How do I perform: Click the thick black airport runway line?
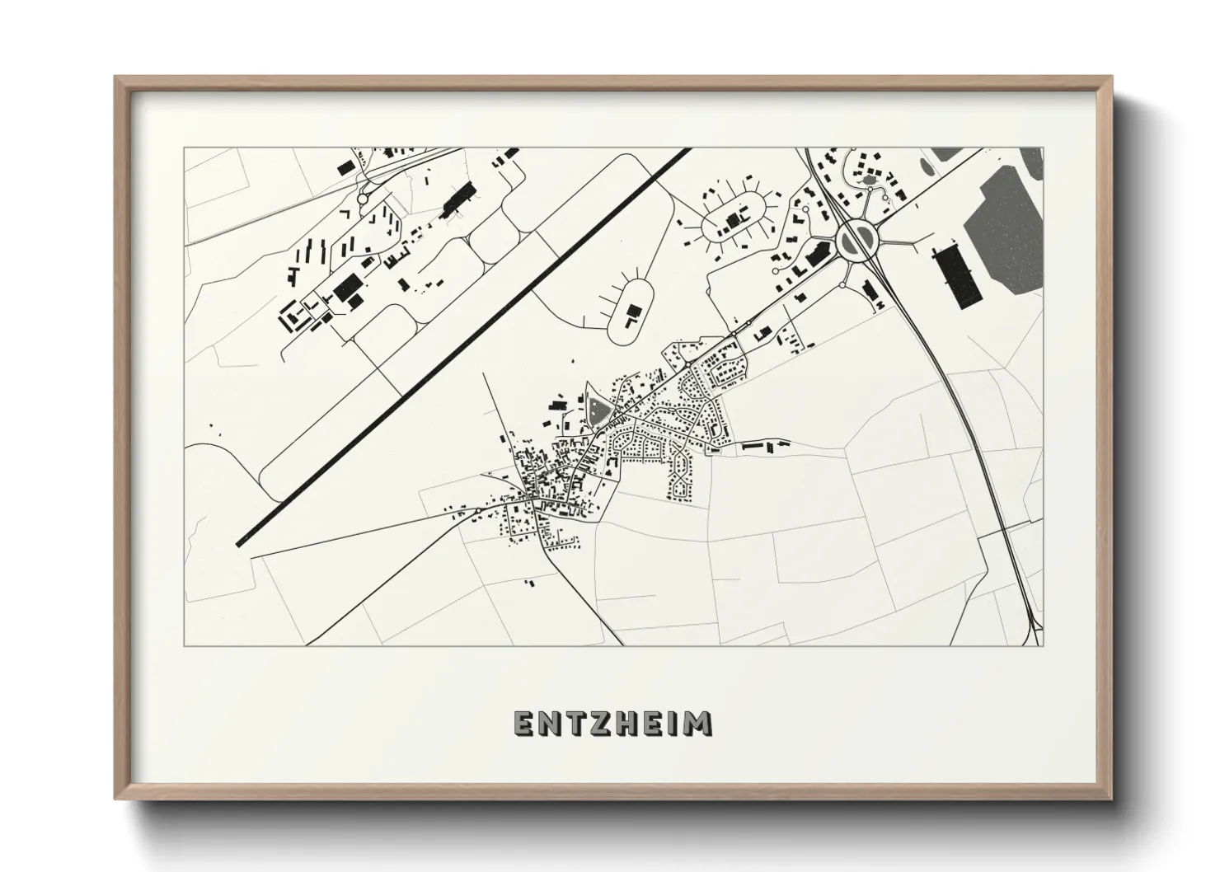point(462,346)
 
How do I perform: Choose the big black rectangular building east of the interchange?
point(955,276)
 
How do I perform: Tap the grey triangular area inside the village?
point(597,407)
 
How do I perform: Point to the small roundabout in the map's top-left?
point(362,199)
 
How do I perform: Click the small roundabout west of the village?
point(478,511)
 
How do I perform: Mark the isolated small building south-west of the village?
point(529,583)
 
